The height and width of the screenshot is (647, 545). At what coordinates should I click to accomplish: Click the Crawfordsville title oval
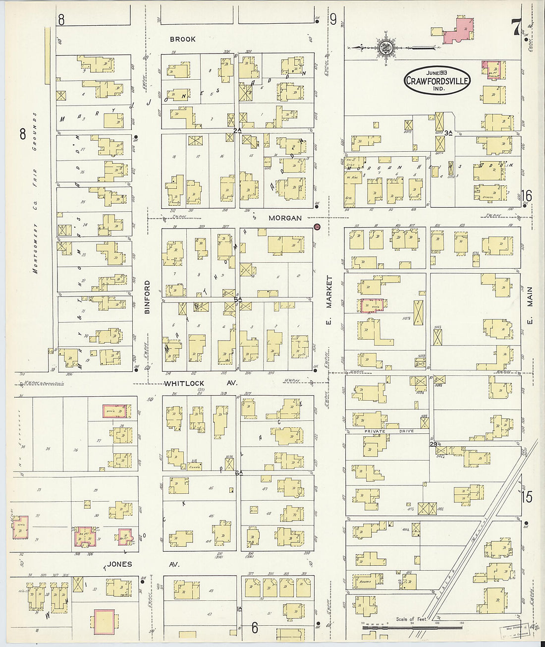pyautogui.click(x=437, y=80)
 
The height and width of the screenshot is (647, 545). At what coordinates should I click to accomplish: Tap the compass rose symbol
pyautogui.click(x=385, y=48)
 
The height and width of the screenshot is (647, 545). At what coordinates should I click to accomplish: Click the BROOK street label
pyautogui.click(x=182, y=39)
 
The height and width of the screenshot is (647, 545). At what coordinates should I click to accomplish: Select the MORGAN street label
pyautogui.click(x=285, y=218)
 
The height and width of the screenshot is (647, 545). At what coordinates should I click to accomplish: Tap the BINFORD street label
pyautogui.click(x=147, y=297)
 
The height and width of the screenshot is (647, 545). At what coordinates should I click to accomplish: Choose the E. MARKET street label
pyautogui.click(x=328, y=303)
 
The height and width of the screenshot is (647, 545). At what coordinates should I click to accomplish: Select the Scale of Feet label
pyautogui.click(x=411, y=619)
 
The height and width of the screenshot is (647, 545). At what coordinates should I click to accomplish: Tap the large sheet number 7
pyautogui.click(x=517, y=28)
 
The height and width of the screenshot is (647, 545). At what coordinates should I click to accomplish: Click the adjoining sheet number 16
pyautogui.click(x=526, y=195)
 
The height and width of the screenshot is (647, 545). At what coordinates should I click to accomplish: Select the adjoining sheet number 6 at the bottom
pyautogui.click(x=255, y=628)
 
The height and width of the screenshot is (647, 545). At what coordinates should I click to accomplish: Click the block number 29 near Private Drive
pyautogui.click(x=433, y=444)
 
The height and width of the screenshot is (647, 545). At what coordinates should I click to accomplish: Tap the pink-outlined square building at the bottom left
pyautogui.click(x=104, y=622)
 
